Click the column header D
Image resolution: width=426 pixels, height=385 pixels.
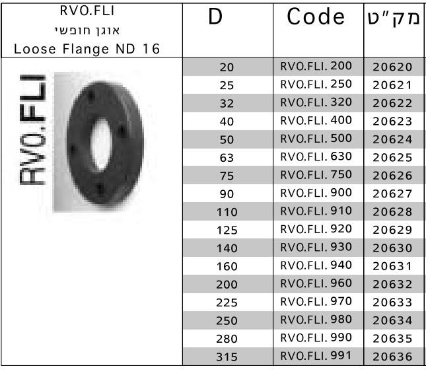click(x=215, y=17)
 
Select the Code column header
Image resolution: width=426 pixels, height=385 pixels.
click(x=316, y=17)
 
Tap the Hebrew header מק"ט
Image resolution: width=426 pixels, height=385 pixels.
click(x=394, y=18)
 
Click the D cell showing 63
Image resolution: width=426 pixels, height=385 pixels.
click(x=227, y=158)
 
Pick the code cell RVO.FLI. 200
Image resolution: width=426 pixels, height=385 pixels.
click(x=316, y=66)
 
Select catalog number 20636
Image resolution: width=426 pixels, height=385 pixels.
click(x=392, y=357)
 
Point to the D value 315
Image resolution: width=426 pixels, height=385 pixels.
click(x=227, y=357)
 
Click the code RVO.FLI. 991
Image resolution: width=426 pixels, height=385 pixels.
click(x=316, y=356)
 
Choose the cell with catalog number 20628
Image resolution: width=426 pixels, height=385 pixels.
click(x=392, y=212)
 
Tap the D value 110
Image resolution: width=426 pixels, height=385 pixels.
click(x=227, y=212)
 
